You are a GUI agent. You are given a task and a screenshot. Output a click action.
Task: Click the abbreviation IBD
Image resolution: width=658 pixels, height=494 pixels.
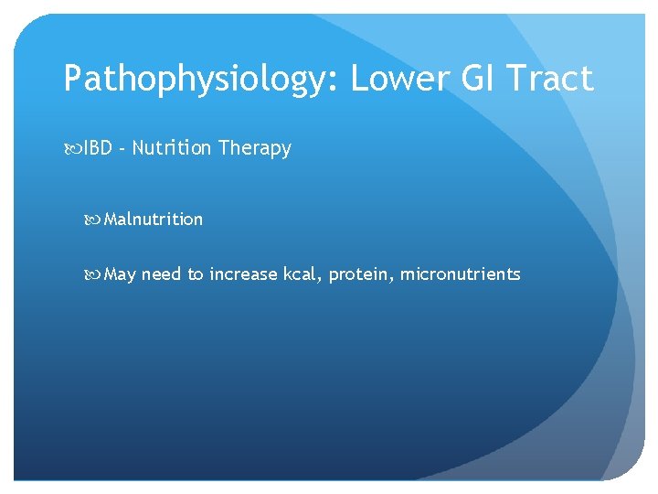pyautogui.click(x=98, y=148)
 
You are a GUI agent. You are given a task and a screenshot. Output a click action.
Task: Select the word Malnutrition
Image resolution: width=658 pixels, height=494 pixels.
pyautogui.click(x=154, y=220)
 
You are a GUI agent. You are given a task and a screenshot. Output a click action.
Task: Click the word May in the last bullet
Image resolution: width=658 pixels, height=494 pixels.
pyautogui.click(x=120, y=274)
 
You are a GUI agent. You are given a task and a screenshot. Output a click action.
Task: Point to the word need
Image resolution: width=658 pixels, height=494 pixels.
pyautogui.click(x=162, y=274)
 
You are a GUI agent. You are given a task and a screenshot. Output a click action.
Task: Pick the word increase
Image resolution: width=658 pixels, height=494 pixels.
pyautogui.click(x=242, y=274)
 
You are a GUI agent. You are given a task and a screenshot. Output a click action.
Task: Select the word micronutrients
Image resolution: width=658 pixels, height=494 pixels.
pyautogui.click(x=461, y=274)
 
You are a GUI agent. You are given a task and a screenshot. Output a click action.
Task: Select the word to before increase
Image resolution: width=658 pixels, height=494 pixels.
pyautogui.click(x=196, y=274)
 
